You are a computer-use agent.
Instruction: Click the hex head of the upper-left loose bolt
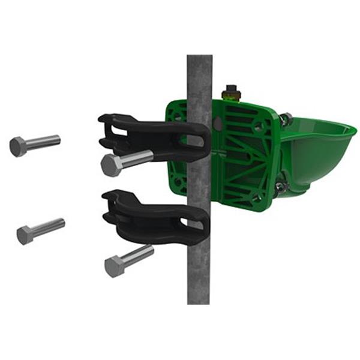(18, 146)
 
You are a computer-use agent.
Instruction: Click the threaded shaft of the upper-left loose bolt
(43, 142)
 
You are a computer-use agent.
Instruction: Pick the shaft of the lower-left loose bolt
(48, 226)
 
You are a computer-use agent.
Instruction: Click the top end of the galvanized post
(199, 59)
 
